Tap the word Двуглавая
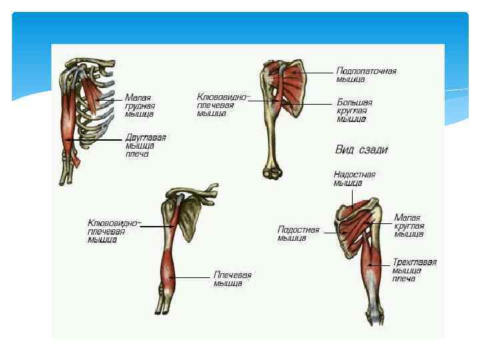click(x=146, y=137)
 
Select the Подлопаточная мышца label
click(x=367, y=75)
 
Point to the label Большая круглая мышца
click(x=354, y=111)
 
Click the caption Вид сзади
click(x=361, y=150)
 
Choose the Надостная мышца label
click(x=355, y=178)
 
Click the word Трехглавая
click(x=414, y=262)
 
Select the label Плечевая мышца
click(x=232, y=279)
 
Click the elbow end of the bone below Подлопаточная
click(x=273, y=172)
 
